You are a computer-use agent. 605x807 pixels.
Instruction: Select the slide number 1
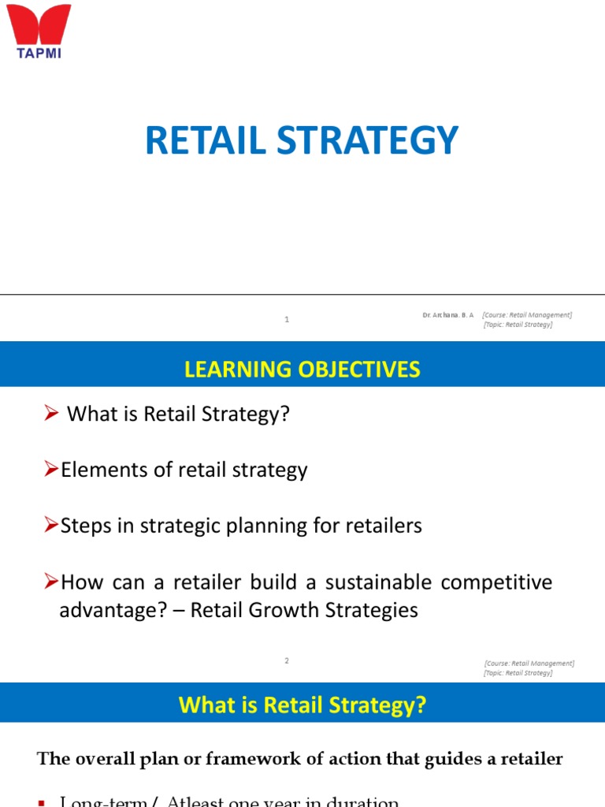288,320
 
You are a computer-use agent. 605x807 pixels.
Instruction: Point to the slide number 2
288,661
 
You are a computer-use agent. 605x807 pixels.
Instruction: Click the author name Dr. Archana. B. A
447,315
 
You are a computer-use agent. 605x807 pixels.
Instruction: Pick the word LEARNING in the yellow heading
228,370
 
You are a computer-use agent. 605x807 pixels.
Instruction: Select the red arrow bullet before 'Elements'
51,470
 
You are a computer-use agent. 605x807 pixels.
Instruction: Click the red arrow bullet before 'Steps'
51,526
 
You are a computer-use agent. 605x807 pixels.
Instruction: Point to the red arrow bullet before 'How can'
51,582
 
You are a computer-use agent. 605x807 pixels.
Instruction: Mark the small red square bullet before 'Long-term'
42,802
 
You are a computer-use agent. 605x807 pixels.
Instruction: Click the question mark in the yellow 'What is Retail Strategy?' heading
421,705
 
